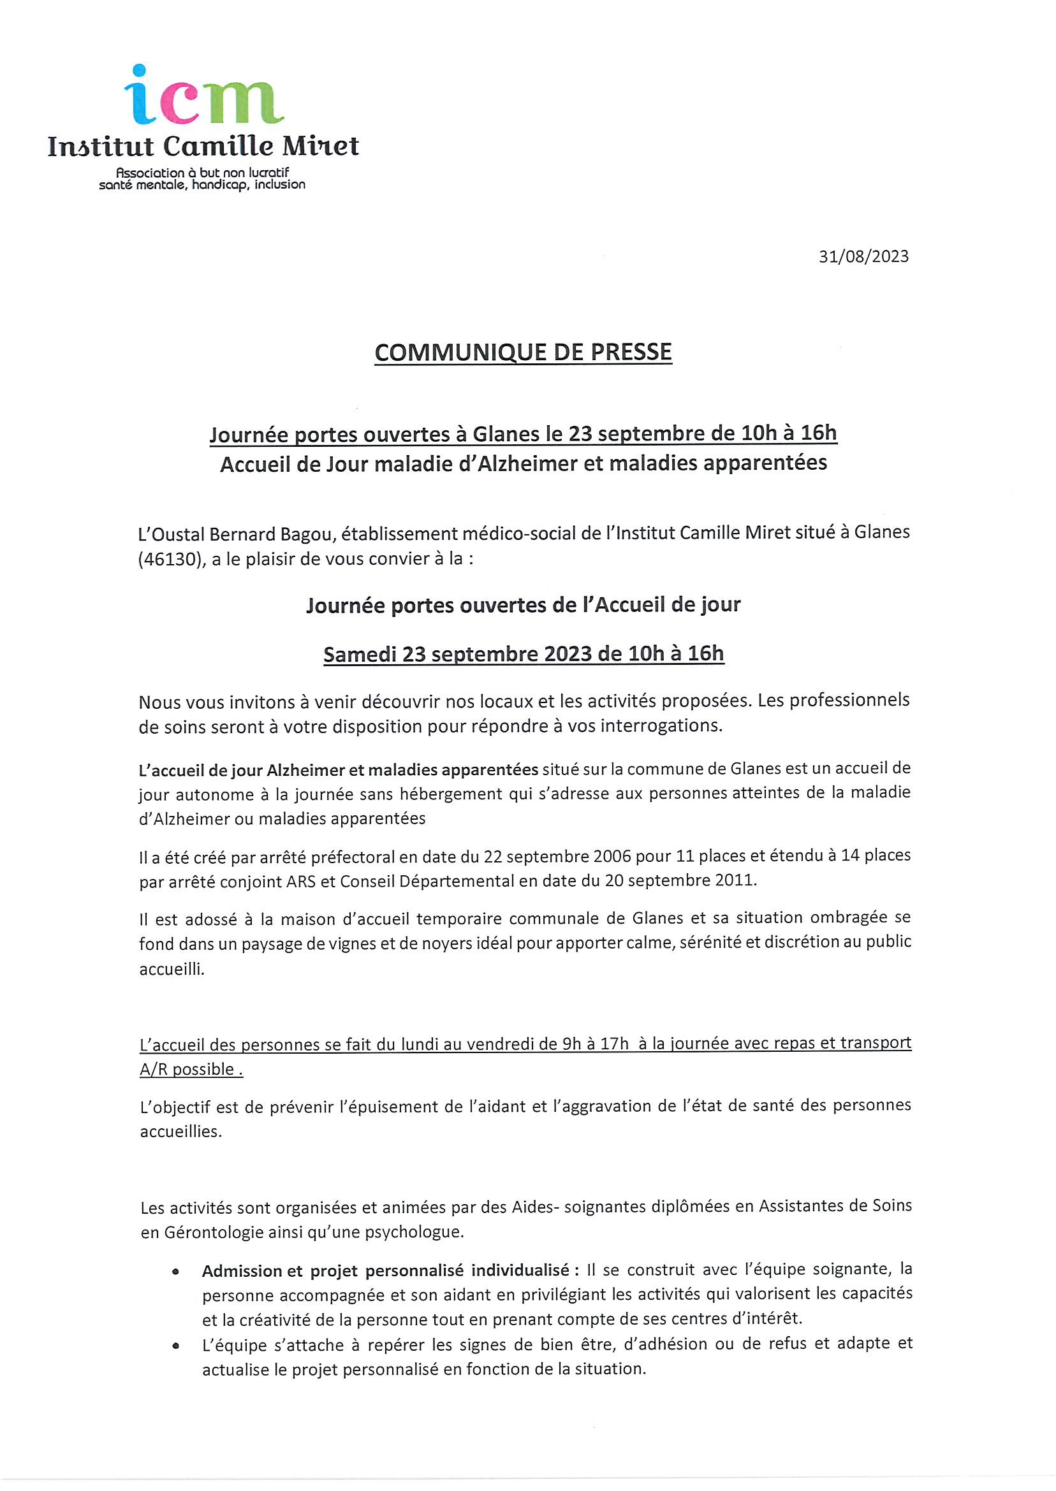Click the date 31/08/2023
pyautogui.click(x=863, y=257)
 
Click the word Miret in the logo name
pyautogui.click(x=320, y=146)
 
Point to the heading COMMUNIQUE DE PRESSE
pyautogui.click(x=523, y=353)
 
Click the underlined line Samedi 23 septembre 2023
pyautogui.click(x=523, y=653)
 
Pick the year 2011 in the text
pyautogui.click(x=735, y=881)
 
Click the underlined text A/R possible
pyautogui.click(x=191, y=1069)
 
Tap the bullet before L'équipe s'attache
pyautogui.click(x=175, y=1346)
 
